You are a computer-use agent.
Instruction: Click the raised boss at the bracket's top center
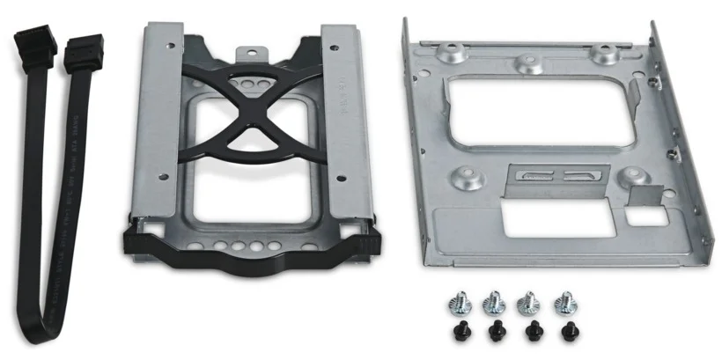pyautogui.click(x=529, y=63)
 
